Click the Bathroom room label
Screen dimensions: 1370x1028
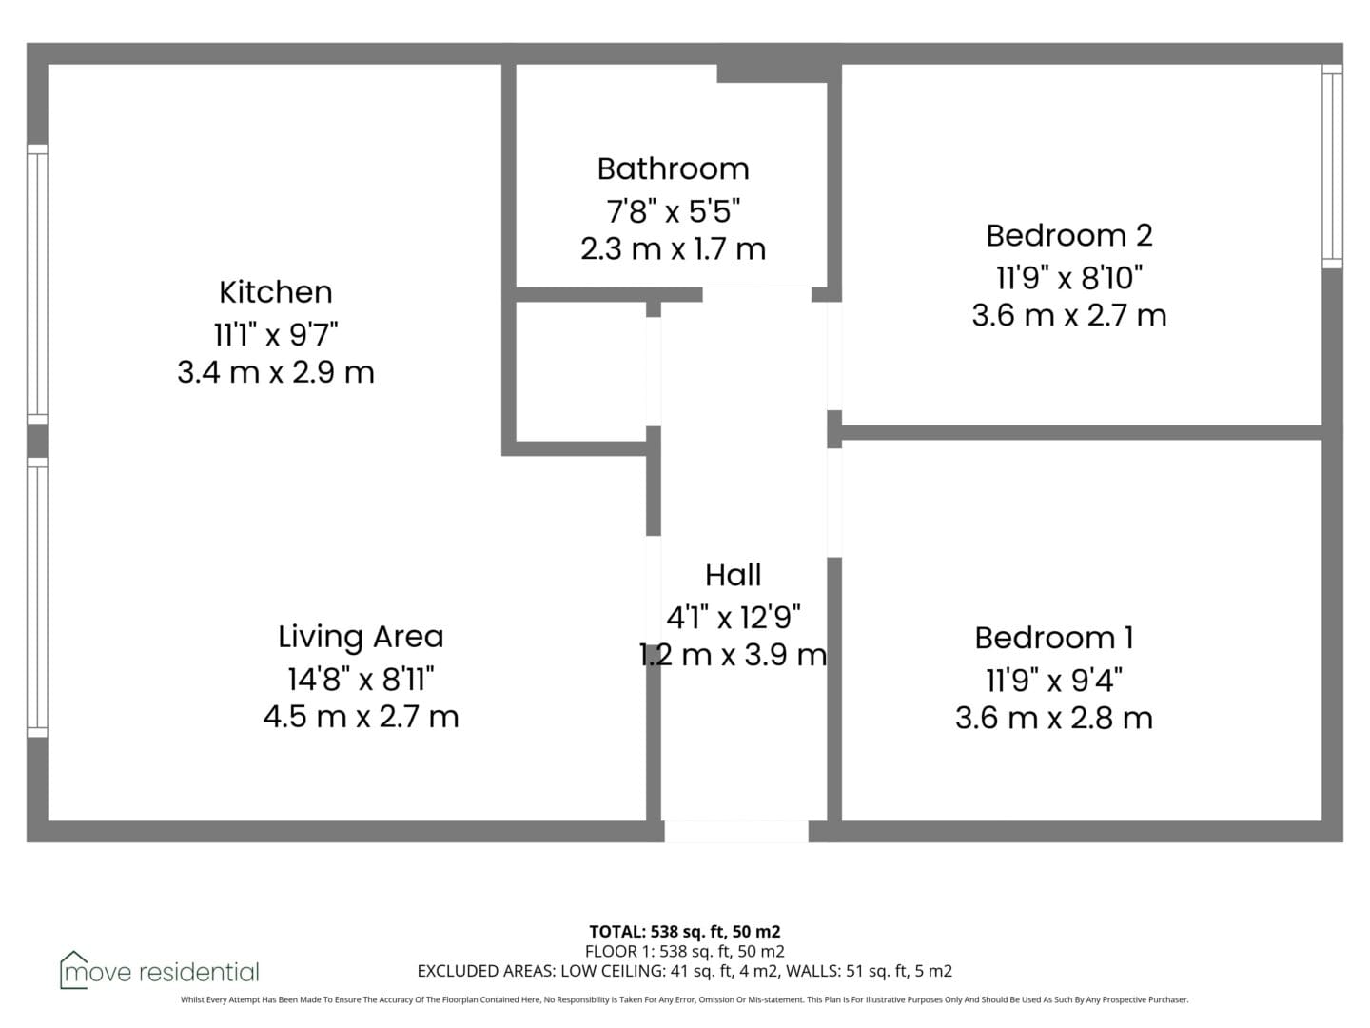(x=673, y=169)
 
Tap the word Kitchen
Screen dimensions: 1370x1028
(x=275, y=292)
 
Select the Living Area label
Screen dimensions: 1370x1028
(x=361, y=638)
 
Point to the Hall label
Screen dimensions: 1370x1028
(x=734, y=575)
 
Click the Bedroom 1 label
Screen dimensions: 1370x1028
(x=1054, y=638)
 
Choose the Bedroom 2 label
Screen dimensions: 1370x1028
(x=1069, y=235)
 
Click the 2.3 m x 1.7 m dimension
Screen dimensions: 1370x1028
(x=673, y=249)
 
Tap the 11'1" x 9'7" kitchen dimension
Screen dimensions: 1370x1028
(x=276, y=334)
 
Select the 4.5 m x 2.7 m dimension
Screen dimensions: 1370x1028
(x=361, y=716)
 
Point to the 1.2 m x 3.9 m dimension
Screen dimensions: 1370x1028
(x=734, y=656)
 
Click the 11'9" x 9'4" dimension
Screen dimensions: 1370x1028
(x=1054, y=680)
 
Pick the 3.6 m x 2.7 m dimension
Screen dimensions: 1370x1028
(x=1069, y=315)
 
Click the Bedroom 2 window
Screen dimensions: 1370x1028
(x=1332, y=167)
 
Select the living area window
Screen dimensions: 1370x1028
(x=37, y=598)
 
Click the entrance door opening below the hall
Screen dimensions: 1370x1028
(x=735, y=831)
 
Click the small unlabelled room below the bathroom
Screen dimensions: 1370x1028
(x=580, y=371)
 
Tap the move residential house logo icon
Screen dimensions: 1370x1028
(x=73, y=970)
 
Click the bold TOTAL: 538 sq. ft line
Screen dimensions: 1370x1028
(x=685, y=932)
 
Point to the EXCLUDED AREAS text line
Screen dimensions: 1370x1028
(x=685, y=971)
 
